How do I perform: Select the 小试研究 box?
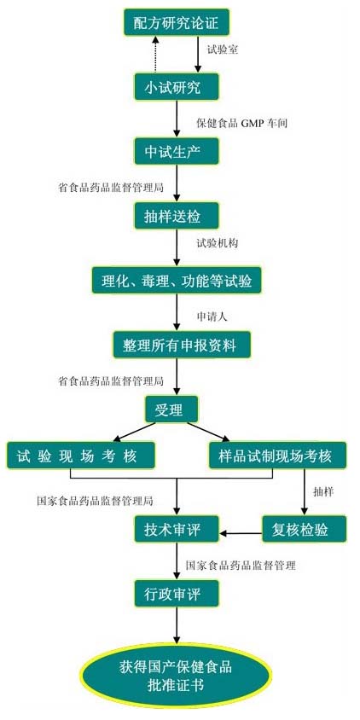point(177,86)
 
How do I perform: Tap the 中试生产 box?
point(177,151)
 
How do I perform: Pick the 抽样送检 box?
point(177,215)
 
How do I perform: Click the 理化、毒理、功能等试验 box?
point(177,280)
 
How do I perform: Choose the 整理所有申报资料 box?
point(182,345)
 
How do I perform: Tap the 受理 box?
point(172,409)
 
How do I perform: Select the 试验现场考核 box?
point(80,455)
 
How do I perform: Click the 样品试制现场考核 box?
point(277,455)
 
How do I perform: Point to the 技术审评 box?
point(177,529)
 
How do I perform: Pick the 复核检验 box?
point(304,529)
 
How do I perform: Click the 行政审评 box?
point(177,594)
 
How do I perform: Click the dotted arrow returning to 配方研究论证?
point(154,55)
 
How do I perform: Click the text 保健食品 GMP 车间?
point(242,124)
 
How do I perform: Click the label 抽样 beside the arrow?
point(323,491)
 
